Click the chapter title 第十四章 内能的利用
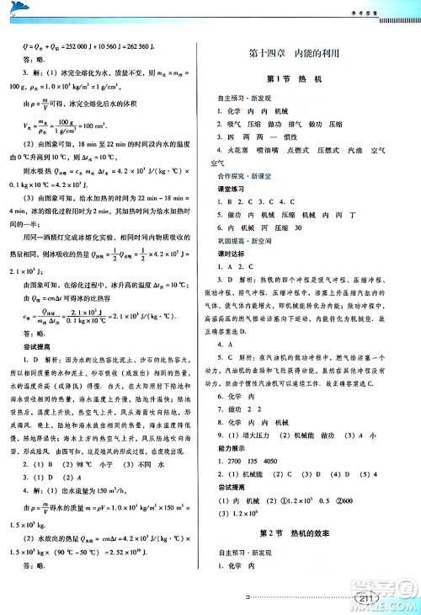(306, 52)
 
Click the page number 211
(365, 599)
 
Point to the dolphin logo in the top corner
(19, 8)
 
